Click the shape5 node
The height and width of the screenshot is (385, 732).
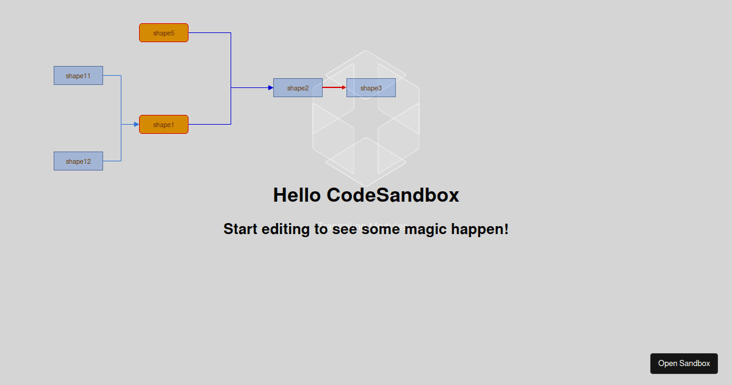[x=163, y=33]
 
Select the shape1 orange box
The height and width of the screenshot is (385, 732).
[x=163, y=125]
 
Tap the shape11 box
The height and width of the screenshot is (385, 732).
[x=78, y=76]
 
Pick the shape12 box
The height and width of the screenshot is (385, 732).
[x=78, y=161]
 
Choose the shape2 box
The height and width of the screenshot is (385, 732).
[x=298, y=88]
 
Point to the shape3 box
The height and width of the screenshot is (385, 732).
[x=371, y=88]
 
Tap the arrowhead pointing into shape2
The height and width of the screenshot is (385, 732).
[x=270, y=88]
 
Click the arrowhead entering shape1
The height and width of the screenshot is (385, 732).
[x=136, y=125]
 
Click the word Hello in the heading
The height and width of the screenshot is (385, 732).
[x=297, y=195]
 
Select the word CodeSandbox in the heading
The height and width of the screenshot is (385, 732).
[x=393, y=195]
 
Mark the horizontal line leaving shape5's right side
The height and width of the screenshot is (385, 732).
[x=209, y=33]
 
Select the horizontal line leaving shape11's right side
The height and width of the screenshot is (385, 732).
[x=112, y=76]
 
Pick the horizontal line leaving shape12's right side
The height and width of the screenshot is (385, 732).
[x=112, y=161]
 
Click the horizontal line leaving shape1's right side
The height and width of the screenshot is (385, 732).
[x=209, y=125]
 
